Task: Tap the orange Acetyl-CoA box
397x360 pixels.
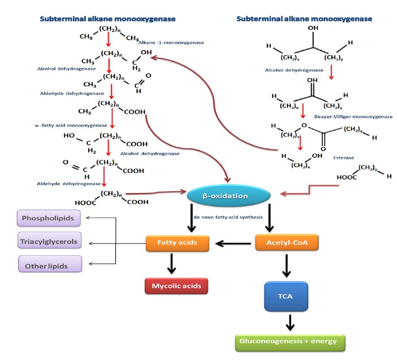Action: click(x=287, y=243)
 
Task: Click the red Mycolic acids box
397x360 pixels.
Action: click(x=176, y=286)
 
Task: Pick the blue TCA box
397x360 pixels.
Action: click(x=286, y=296)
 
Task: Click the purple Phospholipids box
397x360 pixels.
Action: click(x=48, y=218)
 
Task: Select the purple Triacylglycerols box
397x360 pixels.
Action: click(x=49, y=241)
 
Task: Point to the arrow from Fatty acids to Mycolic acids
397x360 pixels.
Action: click(x=171, y=263)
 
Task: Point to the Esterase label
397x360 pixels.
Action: click(x=343, y=158)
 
